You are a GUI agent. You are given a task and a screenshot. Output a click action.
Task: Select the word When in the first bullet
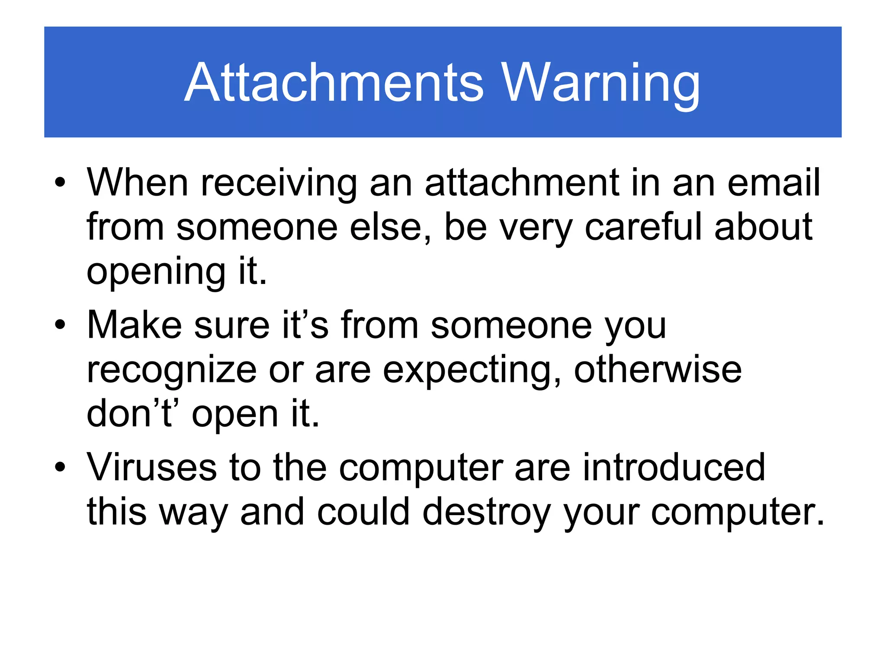coord(138,182)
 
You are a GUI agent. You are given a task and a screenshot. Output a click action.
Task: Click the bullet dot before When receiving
coord(60,182)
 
